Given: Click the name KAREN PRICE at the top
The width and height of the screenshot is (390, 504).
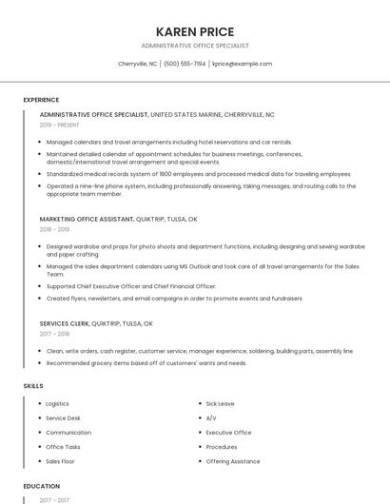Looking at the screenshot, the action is [194, 31].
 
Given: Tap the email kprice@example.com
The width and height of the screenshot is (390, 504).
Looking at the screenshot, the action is [242, 64].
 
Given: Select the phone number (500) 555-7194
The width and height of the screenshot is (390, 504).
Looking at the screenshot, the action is [185, 64].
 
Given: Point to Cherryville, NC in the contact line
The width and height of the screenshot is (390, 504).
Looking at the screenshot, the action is [138, 64].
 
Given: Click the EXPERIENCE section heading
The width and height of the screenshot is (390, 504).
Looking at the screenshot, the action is [41, 99].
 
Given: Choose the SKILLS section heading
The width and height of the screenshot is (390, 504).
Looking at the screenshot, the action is [32, 385].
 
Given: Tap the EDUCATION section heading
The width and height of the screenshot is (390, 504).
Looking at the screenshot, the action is [41, 485].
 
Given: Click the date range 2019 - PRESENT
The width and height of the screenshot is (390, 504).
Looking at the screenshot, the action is [60, 125].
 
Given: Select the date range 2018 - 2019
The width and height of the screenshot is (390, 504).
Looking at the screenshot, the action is [54, 229].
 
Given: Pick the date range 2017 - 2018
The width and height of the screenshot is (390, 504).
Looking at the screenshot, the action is [54, 334].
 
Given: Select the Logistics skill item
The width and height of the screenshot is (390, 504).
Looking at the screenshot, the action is [57, 404].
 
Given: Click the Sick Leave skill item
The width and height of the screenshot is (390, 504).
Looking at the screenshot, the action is [220, 404].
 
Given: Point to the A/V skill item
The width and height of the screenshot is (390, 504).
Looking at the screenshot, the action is [211, 418].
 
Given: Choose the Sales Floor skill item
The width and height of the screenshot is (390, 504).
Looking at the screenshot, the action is [60, 461].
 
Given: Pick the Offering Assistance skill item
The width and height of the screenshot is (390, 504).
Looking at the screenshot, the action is [232, 461].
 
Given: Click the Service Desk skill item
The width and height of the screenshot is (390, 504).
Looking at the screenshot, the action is [63, 418].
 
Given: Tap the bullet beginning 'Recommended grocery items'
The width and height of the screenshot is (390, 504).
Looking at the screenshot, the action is [146, 362].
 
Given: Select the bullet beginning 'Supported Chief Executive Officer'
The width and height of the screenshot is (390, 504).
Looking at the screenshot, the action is [131, 286].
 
